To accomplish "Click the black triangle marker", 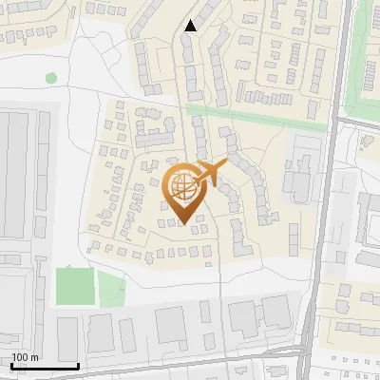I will pyautogui.click(x=191, y=26).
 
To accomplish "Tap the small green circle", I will pyautogui.click(x=51, y=77).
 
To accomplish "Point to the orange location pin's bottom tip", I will pyautogui.click(x=183, y=224).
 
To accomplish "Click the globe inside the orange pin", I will pyautogui.click(x=183, y=186).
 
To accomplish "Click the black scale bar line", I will pyautogui.click(x=44, y=367).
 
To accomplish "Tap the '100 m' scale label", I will pyautogui.click(x=26, y=357).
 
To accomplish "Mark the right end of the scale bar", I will pyautogui.click(x=79, y=367).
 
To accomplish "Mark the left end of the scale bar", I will pyautogui.click(x=9, y=367).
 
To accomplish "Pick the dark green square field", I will pyautogui.click(x=75, y=287).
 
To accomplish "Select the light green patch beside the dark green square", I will pyautogui.click(x=111, y=289).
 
